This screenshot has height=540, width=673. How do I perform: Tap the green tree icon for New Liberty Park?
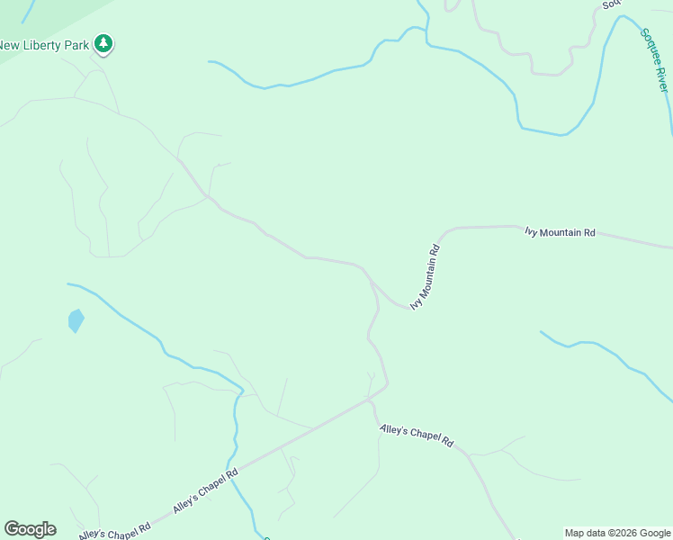(104, 43)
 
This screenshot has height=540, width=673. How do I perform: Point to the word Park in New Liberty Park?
(78, 45)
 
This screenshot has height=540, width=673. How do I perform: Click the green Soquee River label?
(655, 59)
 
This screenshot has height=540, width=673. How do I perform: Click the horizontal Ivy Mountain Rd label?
(561, 232)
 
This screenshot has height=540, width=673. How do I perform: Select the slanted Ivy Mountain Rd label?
(425, 277)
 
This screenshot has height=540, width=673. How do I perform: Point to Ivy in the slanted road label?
(416, 303)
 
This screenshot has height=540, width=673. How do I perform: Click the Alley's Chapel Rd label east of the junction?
(417, 436)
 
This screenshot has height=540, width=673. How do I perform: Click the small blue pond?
(76, 320)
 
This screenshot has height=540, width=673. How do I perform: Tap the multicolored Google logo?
(30, 528)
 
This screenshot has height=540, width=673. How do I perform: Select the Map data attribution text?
(617, 533)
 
